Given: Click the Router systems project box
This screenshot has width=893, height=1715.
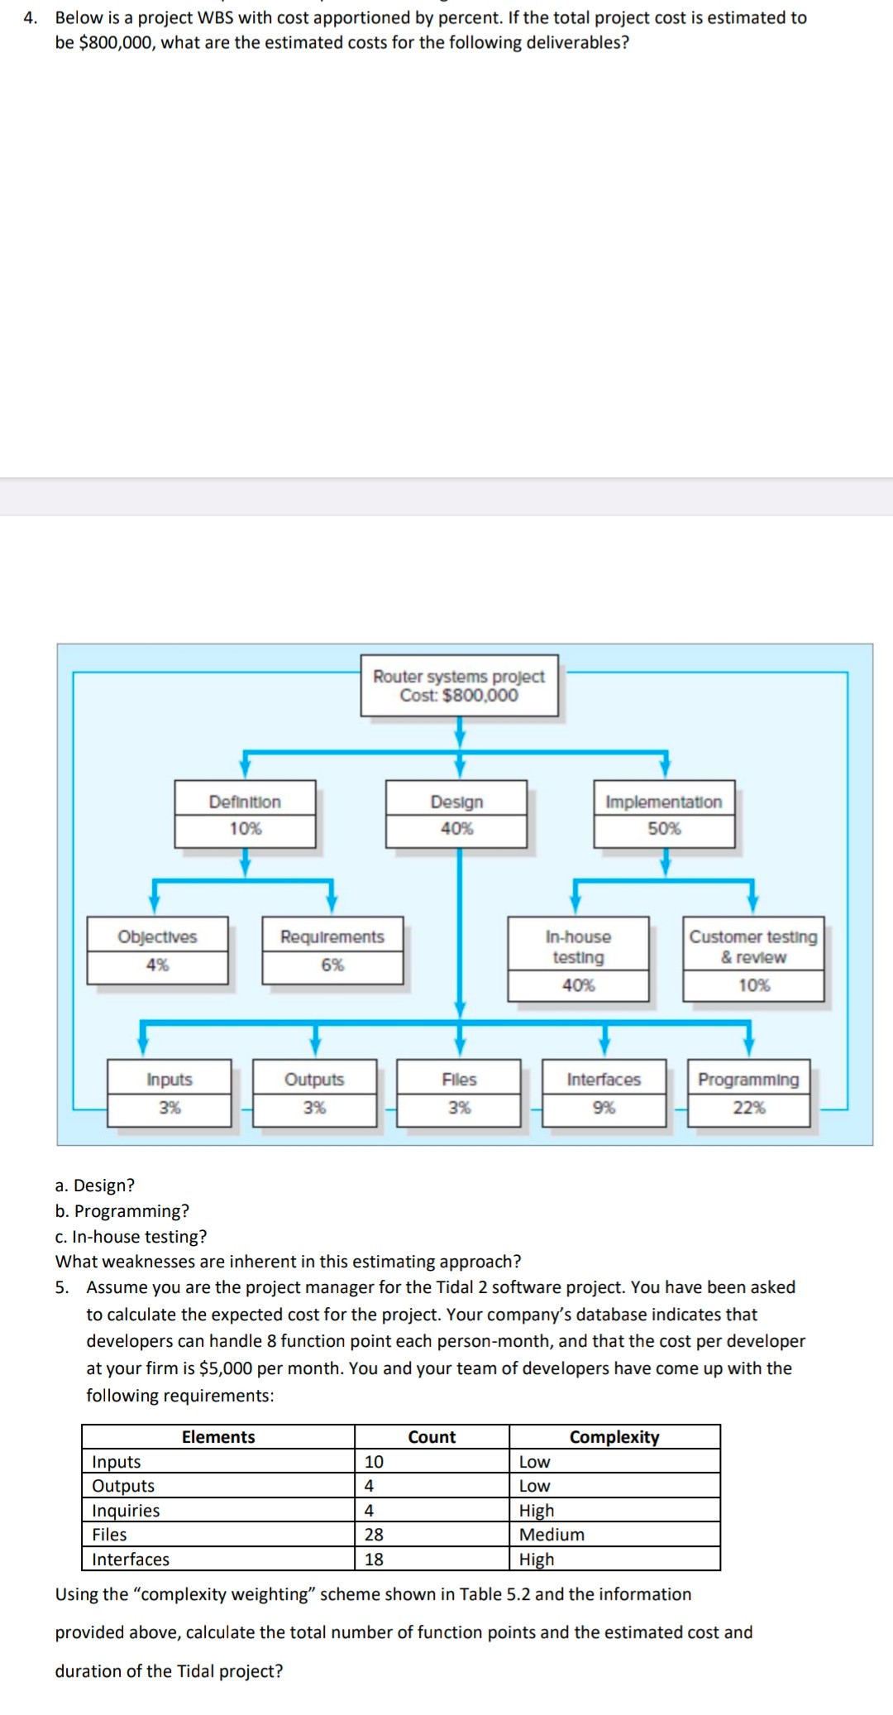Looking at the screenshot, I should pos(459,685).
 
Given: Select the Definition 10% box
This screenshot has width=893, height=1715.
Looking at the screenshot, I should pos(245,814).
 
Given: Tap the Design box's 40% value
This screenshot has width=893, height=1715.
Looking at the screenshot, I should pos(456,829).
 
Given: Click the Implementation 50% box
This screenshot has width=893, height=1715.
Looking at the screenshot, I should pos(664,814).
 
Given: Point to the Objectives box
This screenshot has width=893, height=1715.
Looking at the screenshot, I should pos(157,950).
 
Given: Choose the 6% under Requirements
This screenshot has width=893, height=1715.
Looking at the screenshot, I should pos(332,965).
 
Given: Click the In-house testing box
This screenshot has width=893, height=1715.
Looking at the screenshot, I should pos(578,958).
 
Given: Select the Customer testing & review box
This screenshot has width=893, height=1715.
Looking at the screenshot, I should pos(753,958).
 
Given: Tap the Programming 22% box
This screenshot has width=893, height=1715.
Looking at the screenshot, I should pos(748,1093).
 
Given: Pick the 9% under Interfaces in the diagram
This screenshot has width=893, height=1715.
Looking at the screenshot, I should pos(604,1108).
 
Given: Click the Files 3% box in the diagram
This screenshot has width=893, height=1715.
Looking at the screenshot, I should pos(459,1093).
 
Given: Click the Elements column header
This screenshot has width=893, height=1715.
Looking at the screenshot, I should pos(218,1437).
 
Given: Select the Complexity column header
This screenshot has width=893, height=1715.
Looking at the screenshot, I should pos(614,1437).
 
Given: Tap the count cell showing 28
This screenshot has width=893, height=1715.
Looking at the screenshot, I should pos(375,1535).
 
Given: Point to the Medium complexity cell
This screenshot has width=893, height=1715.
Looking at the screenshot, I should pos(552,1535).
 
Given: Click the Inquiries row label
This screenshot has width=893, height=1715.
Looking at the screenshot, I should pos(126,1511).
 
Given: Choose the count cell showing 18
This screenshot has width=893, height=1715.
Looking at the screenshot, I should pos(375,1559).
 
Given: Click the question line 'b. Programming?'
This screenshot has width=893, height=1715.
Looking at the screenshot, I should pos(122,1211).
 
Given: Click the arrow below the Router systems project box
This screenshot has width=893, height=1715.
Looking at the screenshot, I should pos(460,731).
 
